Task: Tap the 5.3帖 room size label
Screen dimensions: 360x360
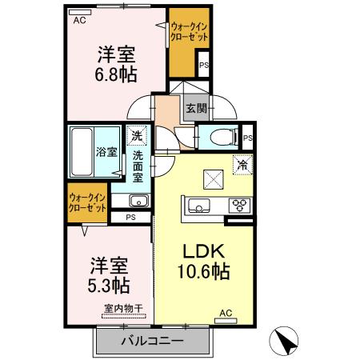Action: tap(109, 284)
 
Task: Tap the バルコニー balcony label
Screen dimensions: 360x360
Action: tap(153, 341)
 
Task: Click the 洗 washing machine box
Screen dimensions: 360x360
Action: tap(138, 135)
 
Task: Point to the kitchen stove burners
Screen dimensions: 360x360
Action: tap(239, 206)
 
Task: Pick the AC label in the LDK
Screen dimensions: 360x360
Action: tap(226, 312)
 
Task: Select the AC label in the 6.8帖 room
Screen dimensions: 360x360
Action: tap(79, 21)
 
